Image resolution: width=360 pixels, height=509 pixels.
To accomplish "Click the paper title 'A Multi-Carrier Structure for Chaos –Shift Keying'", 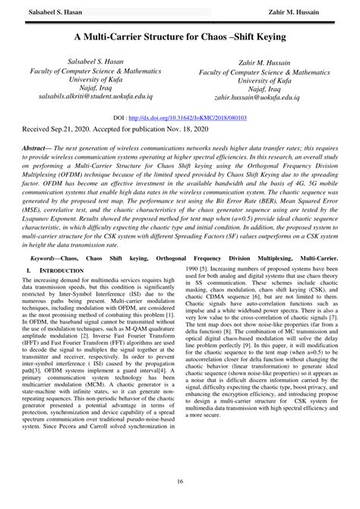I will point(180,36).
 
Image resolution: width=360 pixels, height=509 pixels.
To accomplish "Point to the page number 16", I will point(180,482).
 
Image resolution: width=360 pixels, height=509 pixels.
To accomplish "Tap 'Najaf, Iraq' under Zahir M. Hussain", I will point(270,89).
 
